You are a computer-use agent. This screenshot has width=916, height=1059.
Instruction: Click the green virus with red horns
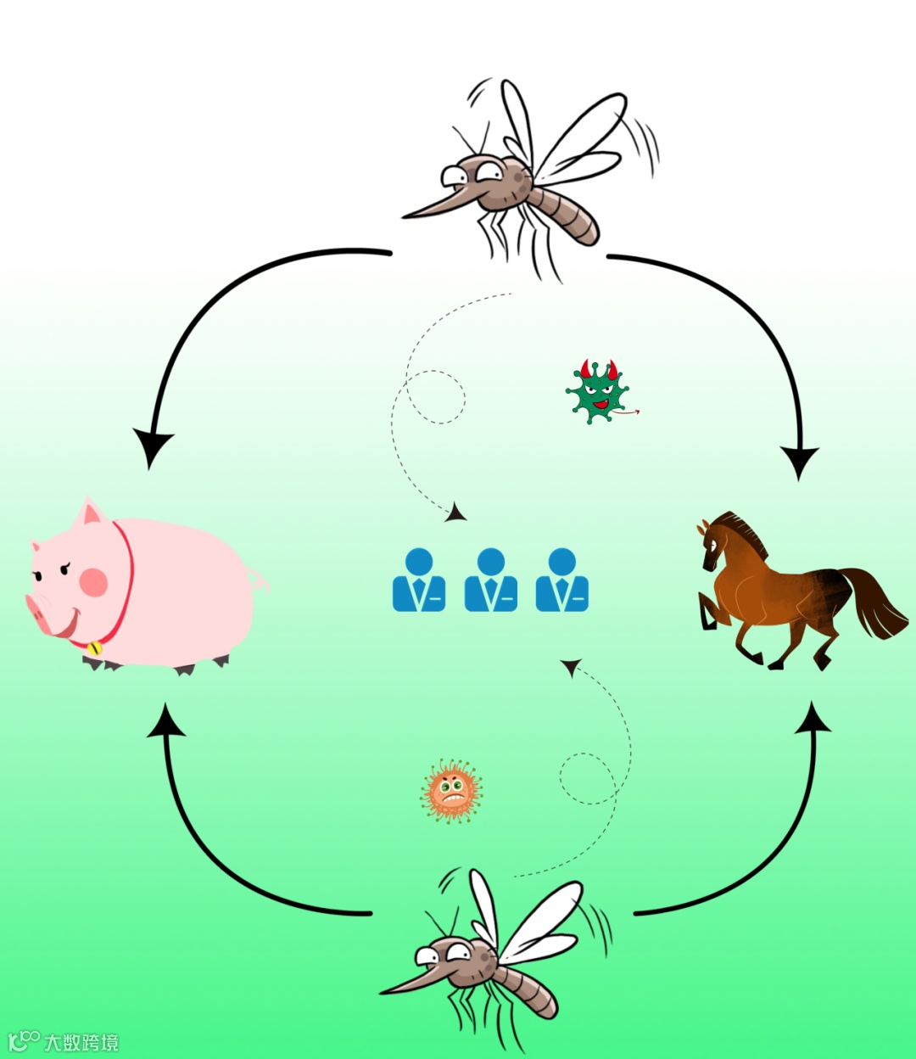coord(598,393)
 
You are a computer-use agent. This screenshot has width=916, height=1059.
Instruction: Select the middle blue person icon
coord(491,581)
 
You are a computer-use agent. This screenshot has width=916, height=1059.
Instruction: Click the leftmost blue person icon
coord(419,581)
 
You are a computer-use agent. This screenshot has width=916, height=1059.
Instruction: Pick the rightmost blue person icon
coord(562,581)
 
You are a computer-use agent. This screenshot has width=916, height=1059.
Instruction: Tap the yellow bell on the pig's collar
coord(93,648)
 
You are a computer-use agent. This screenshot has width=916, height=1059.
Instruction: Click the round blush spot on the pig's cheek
coord(93,582)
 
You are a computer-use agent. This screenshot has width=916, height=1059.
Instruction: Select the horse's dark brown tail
coord(874,602)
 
